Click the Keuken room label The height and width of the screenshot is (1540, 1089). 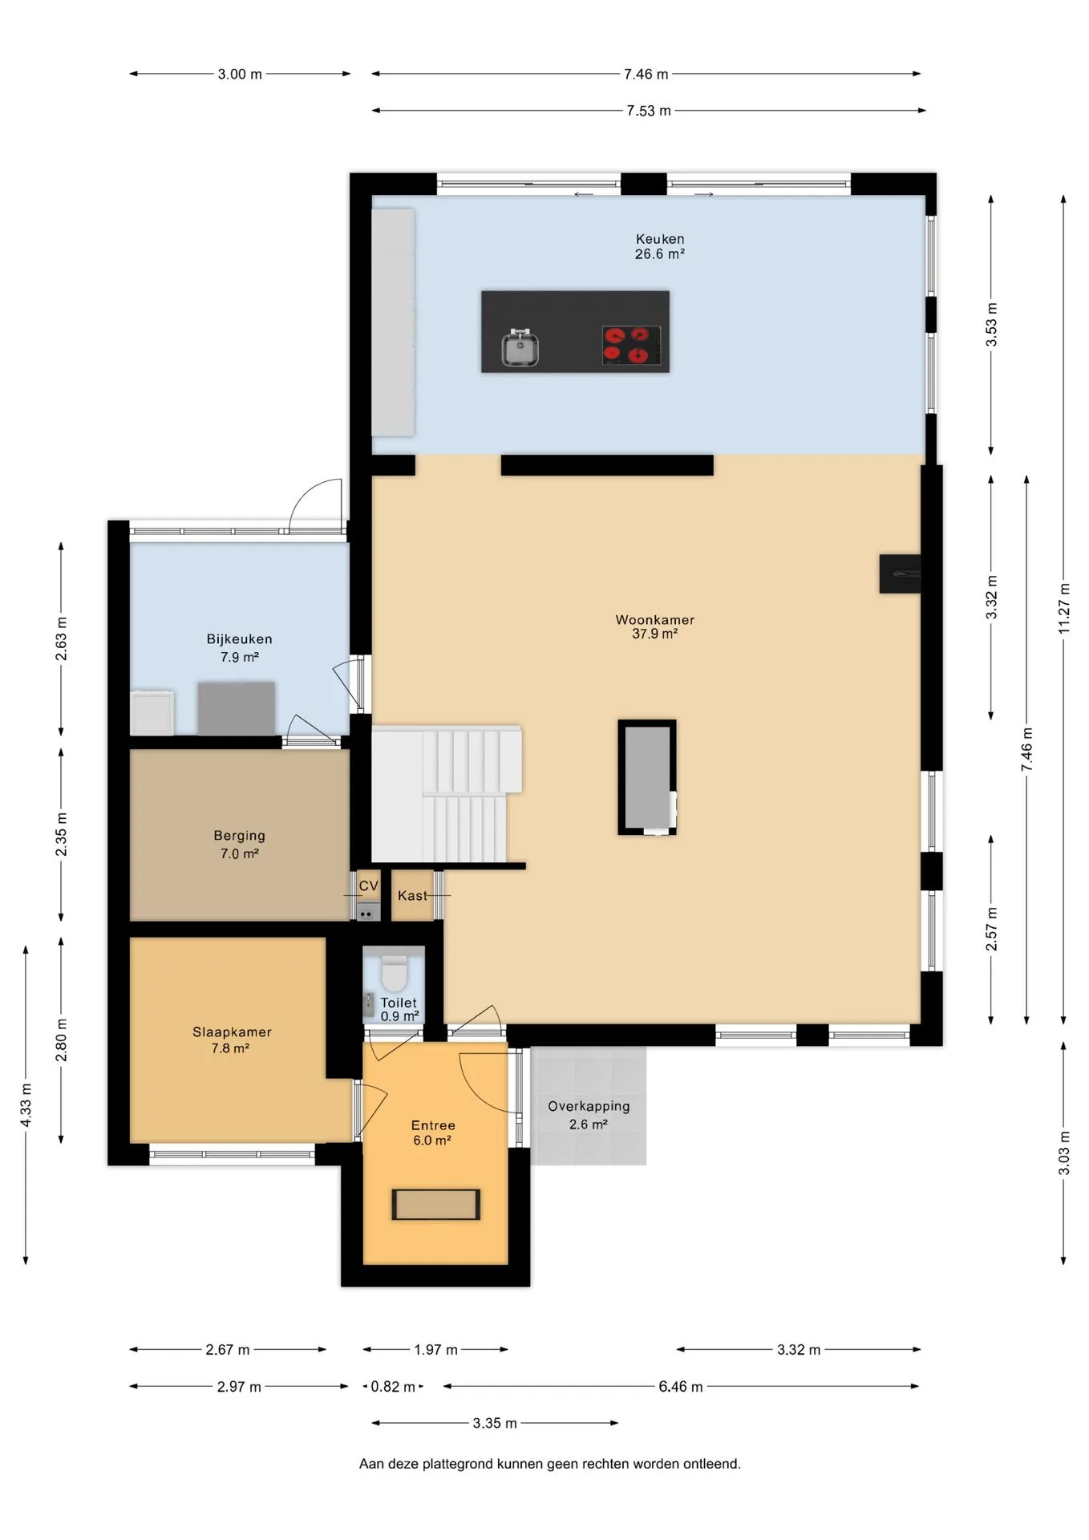tap(660, 246)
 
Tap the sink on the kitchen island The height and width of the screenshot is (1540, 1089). tap(520, 348)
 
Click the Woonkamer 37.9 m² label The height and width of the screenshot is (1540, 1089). tap(654, 626)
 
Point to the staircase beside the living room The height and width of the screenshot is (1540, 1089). tap(446, 794)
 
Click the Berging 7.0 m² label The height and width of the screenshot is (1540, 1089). tap(239, 845)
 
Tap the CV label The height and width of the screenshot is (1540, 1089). tap(368, 885)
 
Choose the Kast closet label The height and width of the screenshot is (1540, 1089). tap(412, 896)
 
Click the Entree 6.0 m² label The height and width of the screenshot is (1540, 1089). tap(433, 1133)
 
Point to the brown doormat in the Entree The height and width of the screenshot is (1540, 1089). tap(435, 1205)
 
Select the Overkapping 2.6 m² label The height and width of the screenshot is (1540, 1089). tap(589, 1115)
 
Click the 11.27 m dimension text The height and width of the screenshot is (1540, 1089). tap(1064, 607)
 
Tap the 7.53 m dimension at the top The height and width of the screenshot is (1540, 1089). tap(649, 111)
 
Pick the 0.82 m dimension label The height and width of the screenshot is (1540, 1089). tap(393, 1387)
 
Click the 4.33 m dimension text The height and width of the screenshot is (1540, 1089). tap(26, 1104)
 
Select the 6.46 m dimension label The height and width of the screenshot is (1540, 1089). tap(680, 1387)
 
